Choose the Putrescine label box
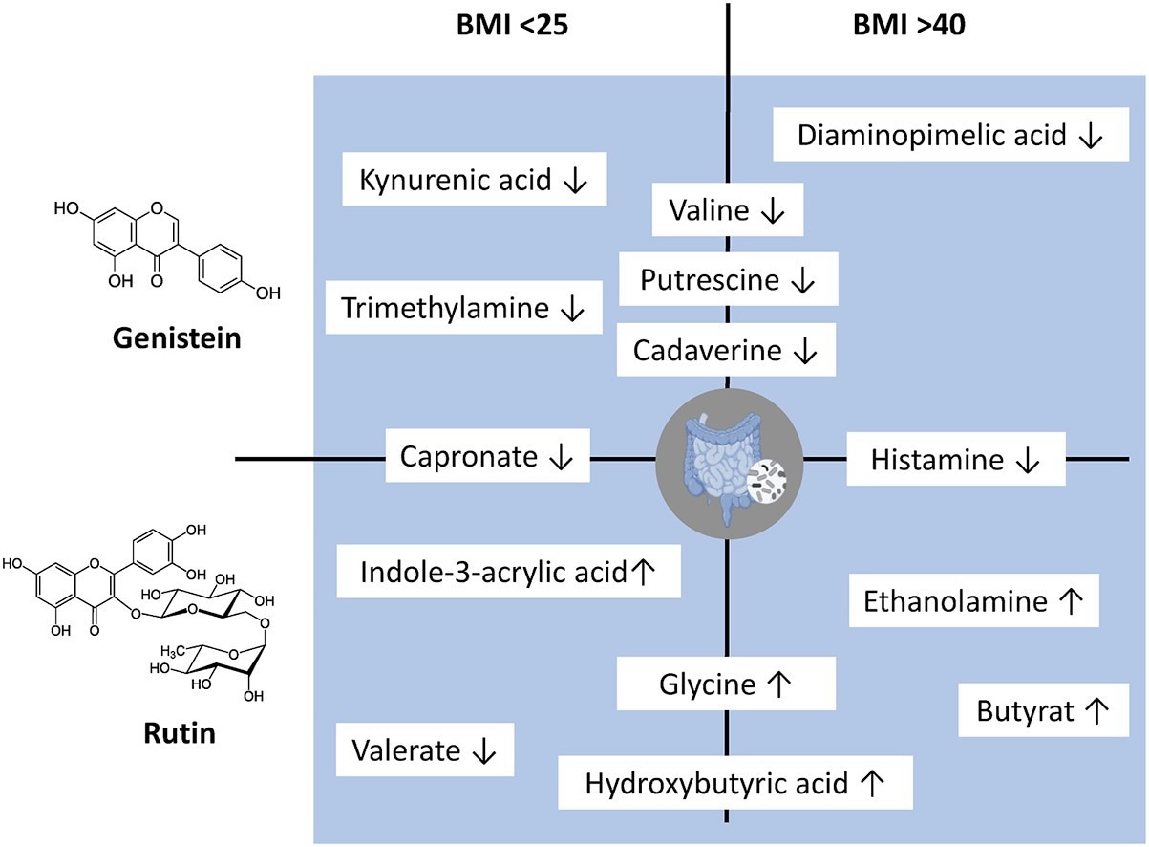point(728,280)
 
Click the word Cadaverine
point(706,350)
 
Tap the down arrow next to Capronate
point(562,458)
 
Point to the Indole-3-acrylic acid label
point(508,572)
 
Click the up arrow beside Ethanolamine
point(1071,601)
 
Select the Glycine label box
point(725,684)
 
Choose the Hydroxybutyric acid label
point(733,784)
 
